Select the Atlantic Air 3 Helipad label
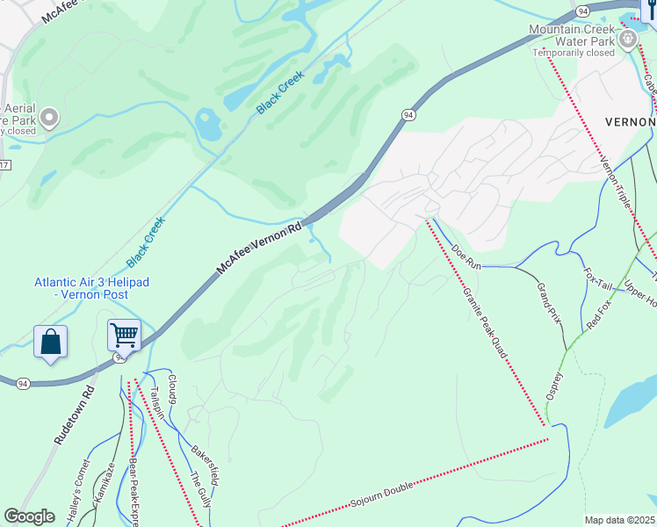(92, 288)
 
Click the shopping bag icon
(50, 342)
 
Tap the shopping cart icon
(124, 335)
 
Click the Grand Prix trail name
(548, 301)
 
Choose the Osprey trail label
(554, 384)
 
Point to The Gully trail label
(200, 490)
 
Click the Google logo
(31, 516)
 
